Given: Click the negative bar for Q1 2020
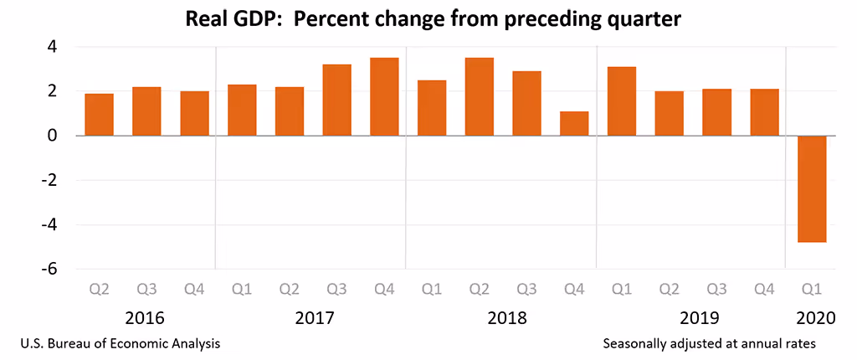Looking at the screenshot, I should point(812,188).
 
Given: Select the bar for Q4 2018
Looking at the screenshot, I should point(574,123).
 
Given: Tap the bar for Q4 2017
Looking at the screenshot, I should point(384,96).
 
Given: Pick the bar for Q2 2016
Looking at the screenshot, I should point(99,114).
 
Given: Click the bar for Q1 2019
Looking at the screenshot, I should point(622,100).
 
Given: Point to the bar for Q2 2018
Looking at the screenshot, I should point(479,96).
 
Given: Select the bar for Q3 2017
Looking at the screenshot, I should point(336,100).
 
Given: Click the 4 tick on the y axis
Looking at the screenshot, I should point(51,47).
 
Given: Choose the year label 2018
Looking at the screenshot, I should point(506,318).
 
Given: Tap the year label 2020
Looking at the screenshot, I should point(812,318).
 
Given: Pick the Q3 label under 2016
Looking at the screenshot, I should point(146,290).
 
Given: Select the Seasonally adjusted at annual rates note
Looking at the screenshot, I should point(708,343).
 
